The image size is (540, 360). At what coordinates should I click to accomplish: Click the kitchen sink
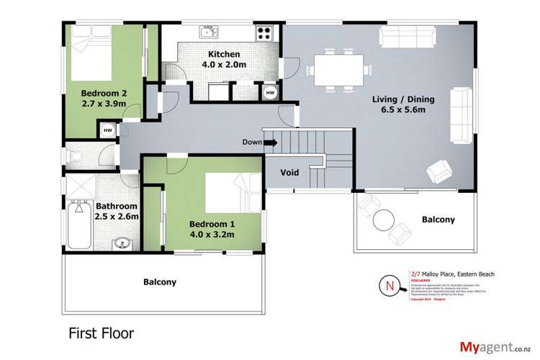pyautogui.click(x=208, y=32)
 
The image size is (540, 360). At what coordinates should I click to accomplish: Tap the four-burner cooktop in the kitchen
pyautogui.click(x=264, y=32)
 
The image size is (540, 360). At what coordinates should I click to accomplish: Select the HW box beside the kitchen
pyautogui.click(x=269, y=93)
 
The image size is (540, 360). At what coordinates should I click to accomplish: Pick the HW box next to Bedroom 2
pyautogui.click(x=107, y=130)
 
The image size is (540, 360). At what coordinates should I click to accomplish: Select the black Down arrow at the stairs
pyautogui.click(x=271, y=143)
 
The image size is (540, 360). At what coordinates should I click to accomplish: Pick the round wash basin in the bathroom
pyautogui.click(x=120, y=241)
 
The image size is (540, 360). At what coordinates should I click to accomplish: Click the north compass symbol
pyautogui.click(x=390, y=285)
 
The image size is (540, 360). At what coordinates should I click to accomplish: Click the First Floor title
pyautogui.click(x=101, y=334)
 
